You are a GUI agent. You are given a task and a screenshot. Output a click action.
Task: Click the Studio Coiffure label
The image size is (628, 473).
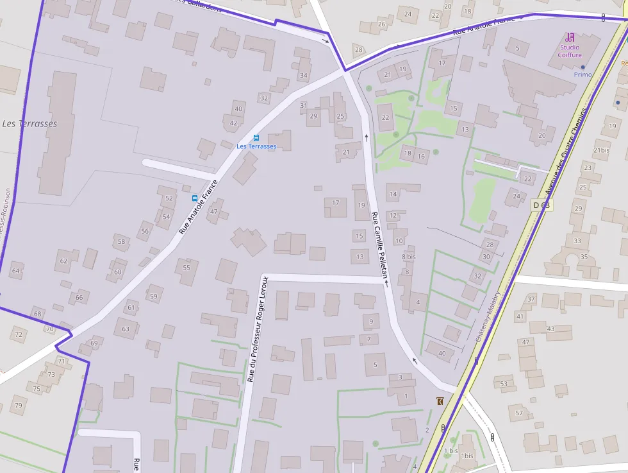tap(570, 51)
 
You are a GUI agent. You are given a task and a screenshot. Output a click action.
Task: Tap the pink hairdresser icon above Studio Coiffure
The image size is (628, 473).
tap(570, 37)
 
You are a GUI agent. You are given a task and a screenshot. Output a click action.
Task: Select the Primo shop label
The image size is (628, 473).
tap(583, 74)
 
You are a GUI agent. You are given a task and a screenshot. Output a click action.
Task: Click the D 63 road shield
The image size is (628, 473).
tap(541, 205)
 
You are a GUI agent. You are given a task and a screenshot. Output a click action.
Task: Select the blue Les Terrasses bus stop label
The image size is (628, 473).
tap(256, 146)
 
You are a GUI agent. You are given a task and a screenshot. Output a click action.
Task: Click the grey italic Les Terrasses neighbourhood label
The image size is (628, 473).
tap(29, 123)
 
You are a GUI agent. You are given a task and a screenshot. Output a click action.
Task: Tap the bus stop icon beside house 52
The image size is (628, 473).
tap(195, 198)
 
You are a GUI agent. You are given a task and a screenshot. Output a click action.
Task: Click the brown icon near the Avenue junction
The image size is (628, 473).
tap(440, 401)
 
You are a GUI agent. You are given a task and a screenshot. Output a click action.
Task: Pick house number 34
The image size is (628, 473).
tap(303, 76)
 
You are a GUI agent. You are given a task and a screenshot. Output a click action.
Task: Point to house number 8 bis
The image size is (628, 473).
tap(408, 257)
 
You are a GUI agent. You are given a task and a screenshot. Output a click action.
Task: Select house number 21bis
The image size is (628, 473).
tap(602, 150)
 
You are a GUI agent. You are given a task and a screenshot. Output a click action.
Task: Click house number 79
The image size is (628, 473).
tap(18, 405)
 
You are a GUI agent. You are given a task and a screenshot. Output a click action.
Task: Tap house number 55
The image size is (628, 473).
tap(186, 268)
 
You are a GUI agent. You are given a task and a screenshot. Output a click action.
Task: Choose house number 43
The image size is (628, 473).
tap(550, 329)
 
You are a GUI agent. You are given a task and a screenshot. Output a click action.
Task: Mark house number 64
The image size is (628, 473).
tap(15, 271)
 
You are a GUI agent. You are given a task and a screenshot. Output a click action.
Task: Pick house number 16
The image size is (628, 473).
tap(421, 157)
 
